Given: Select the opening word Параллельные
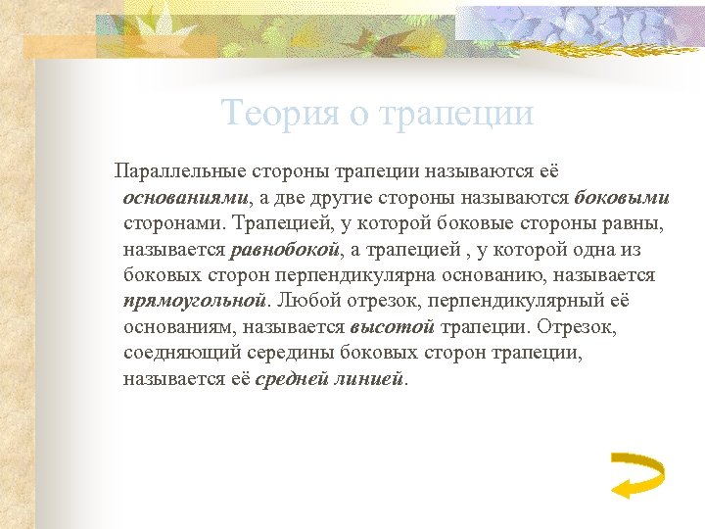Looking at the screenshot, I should [x=181, y=171].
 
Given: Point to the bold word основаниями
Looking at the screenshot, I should [x=186, y=198].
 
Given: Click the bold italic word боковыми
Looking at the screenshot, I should [x=622, y=198].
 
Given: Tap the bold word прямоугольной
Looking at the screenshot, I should [x=195, y=300].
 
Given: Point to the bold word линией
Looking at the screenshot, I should [x=375, y=377].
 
